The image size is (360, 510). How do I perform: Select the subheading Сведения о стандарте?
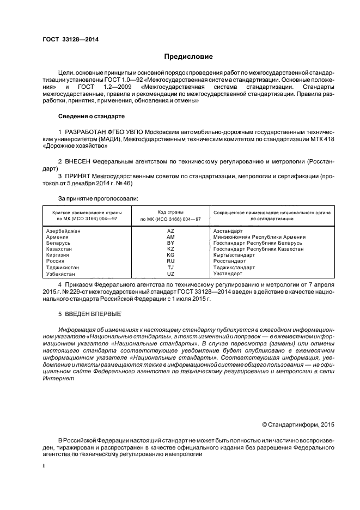[x=91, y=117]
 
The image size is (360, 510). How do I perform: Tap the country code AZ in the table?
[x=170, y=231]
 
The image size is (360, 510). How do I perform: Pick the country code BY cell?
[x=170, y=243]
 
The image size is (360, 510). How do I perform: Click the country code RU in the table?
[x=170, y=261]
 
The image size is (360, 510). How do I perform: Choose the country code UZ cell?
[x=170, y=274]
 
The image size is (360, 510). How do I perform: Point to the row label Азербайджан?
[x=64, y=231]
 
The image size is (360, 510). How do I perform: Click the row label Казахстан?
[x=59, y=249]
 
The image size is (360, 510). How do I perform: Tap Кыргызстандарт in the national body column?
[x=234, y=255]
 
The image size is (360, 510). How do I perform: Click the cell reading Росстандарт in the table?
[x=230, y=261]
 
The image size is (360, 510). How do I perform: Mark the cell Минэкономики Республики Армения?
[x=259, y=237]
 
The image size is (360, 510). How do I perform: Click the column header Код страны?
[x=170, y=212]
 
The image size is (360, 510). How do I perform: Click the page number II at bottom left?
[x=44, y=466]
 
